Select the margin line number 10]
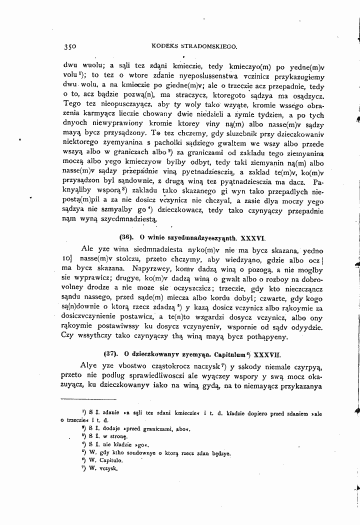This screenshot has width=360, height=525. point(68,260)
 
